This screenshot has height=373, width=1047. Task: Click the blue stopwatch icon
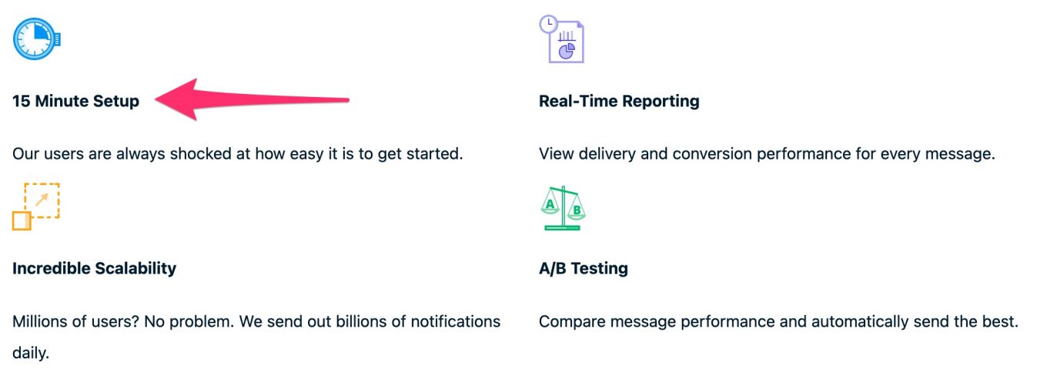[x=36, y=39]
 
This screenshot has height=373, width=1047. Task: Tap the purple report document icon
[x=562, y=39]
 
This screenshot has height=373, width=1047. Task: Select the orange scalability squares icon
[x=36, y=207]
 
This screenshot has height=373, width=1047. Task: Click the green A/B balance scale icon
[x=563, y=208]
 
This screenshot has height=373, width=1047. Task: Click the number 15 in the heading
[x=21, y=101]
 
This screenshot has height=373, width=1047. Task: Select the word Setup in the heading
[x=116, y=102]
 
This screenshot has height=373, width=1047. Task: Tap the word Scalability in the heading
[x=135, y=269]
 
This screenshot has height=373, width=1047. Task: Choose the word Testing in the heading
[x=599, y=269]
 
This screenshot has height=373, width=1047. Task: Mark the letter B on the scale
[x=577, y=210]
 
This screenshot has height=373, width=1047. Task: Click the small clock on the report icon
[x=548, y=23]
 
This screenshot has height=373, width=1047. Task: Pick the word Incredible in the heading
[x=52, y=269]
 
